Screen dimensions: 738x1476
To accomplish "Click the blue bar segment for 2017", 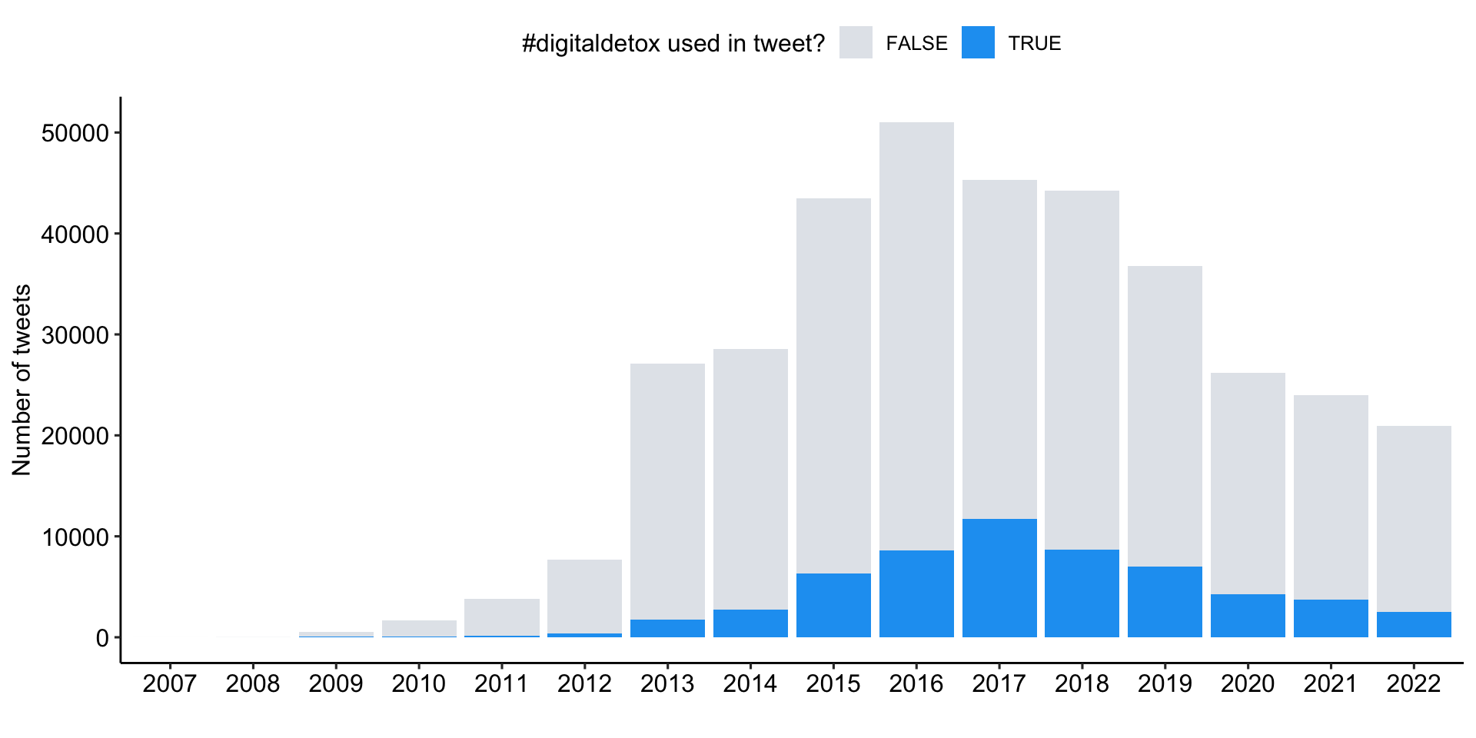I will click(999, 578).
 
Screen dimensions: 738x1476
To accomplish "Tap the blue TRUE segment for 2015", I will click(833, 605).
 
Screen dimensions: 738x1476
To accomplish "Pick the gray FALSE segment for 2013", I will click(667, 491).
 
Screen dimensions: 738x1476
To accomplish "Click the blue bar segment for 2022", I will click(1414, 624).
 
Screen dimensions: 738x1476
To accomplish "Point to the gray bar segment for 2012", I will click(584, 597).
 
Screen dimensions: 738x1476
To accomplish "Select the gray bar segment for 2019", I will click(1165, 416).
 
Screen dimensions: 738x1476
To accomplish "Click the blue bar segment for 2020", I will click(1248, 616).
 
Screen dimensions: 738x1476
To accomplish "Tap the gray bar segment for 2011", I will click(502, 617).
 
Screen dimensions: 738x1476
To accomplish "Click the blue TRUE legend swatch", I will click(978, 43).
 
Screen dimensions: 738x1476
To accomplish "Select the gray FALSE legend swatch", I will click(856, 43).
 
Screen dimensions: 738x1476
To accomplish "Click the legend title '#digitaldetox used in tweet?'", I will click(673, 44).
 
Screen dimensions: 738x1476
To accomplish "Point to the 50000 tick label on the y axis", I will click(75, 133).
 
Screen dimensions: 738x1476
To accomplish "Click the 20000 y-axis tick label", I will click(75, 436).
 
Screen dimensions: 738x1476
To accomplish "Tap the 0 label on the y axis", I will click(102, 638).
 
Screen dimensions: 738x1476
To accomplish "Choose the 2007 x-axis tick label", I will click(170, 683).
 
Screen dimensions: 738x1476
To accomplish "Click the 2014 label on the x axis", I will click(750, 683).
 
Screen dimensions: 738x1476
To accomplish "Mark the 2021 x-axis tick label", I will click(1331, 683).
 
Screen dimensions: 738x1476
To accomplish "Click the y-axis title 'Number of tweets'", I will click(22, 380).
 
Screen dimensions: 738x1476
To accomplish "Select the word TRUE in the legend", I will click(1035, 44).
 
